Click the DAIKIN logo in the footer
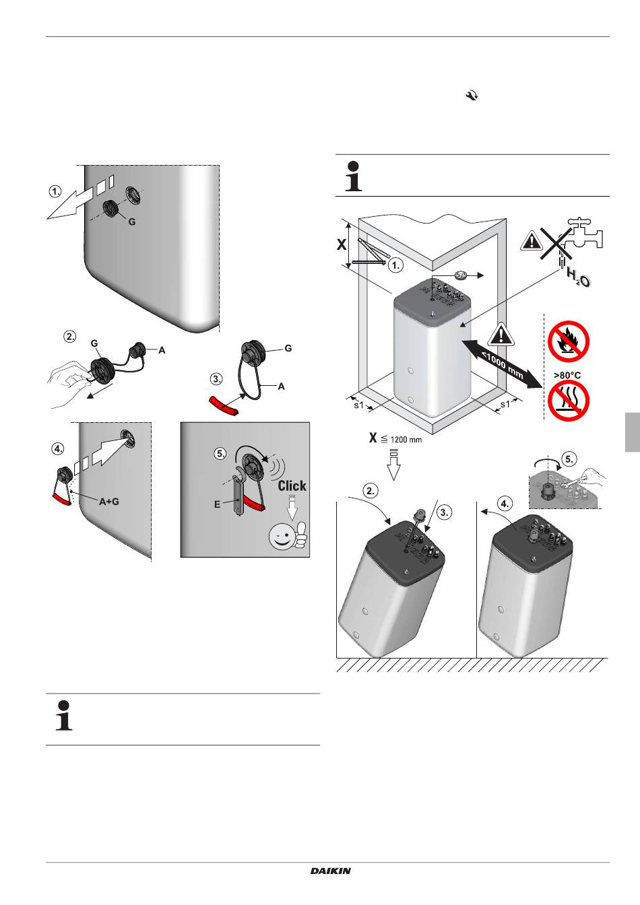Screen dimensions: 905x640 [x=331, y=871]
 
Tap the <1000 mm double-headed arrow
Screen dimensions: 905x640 [x=502, y=364]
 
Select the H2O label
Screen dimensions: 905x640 [x=577, y=277]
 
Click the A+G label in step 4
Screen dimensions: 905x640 [x=109, y=501]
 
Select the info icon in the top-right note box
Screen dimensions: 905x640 [x=354, y=176]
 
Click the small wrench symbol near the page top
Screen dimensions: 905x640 [x=471, y=97]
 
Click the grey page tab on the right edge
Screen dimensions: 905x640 [x=632, y=432]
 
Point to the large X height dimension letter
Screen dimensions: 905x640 [x=342, y=245]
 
